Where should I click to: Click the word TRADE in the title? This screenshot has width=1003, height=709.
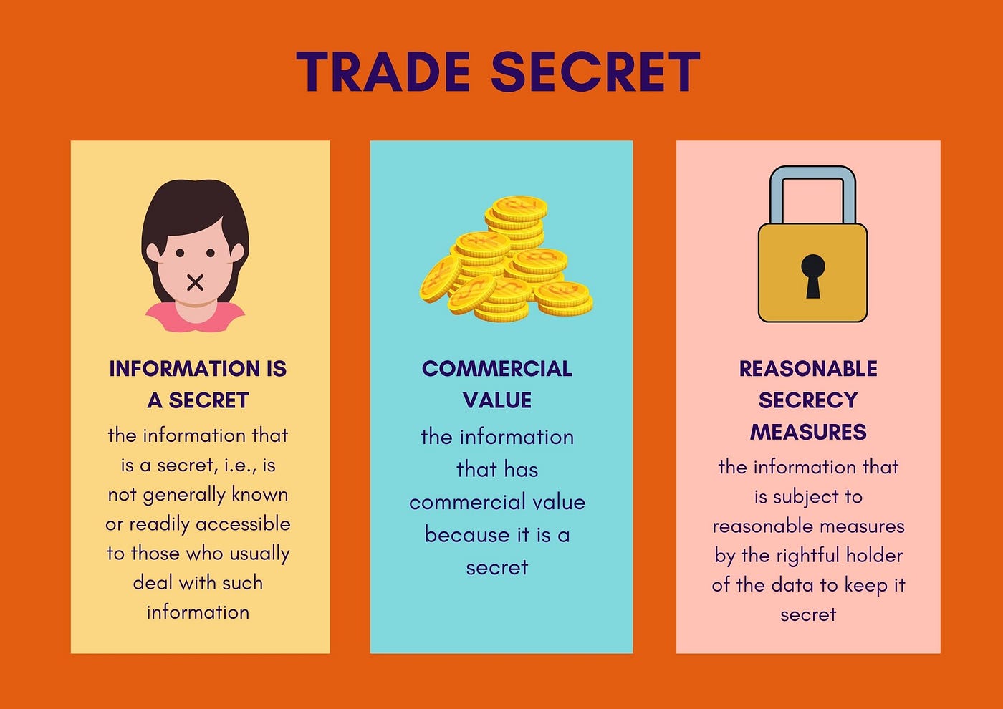(x=383, y=72)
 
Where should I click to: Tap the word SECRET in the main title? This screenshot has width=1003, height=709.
(x=595, y=72)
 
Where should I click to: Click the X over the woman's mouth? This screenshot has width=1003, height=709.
(x=195, y=282)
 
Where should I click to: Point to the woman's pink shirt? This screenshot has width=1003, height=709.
(x=195, y=319)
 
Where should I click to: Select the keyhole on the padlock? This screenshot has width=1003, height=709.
(x=812, y=275)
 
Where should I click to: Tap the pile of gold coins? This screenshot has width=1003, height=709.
(x=506, y=261)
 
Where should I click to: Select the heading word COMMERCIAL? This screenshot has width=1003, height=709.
(x=497, y=369)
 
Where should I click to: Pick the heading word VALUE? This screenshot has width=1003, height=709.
(x=497, y=400)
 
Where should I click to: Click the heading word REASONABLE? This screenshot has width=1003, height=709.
(x=808, y=369)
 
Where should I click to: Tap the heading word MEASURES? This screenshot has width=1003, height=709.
(x=808, y=433)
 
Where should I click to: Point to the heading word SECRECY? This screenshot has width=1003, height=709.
(x=808, y=400)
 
